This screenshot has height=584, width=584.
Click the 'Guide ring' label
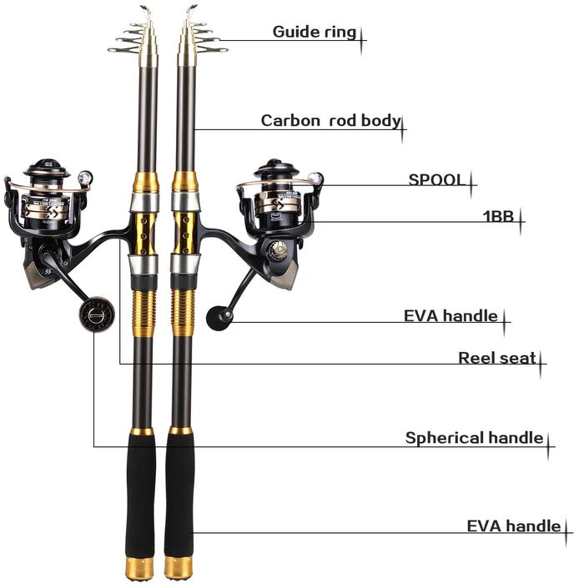pyautogui.click(x=315, y=33)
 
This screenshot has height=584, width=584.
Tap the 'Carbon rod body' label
pyautogui.click(x=330, y=120)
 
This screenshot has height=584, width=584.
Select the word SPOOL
pyautogui.click(x=436, y=179)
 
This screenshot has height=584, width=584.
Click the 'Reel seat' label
pyautogui.click(x=497, y=358)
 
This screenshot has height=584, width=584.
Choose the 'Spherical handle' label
pyautogui.click(x=474, y=438)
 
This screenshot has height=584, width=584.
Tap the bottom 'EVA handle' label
pyautogui.click(x=513, y=526)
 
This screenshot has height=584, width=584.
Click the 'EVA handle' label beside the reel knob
pyautogui.click(x=451, y=316)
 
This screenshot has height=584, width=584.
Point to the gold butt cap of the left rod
pyautogui.click(x=139, y=569)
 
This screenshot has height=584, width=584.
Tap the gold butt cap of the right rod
pyautogui.click(x=179, y=569)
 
